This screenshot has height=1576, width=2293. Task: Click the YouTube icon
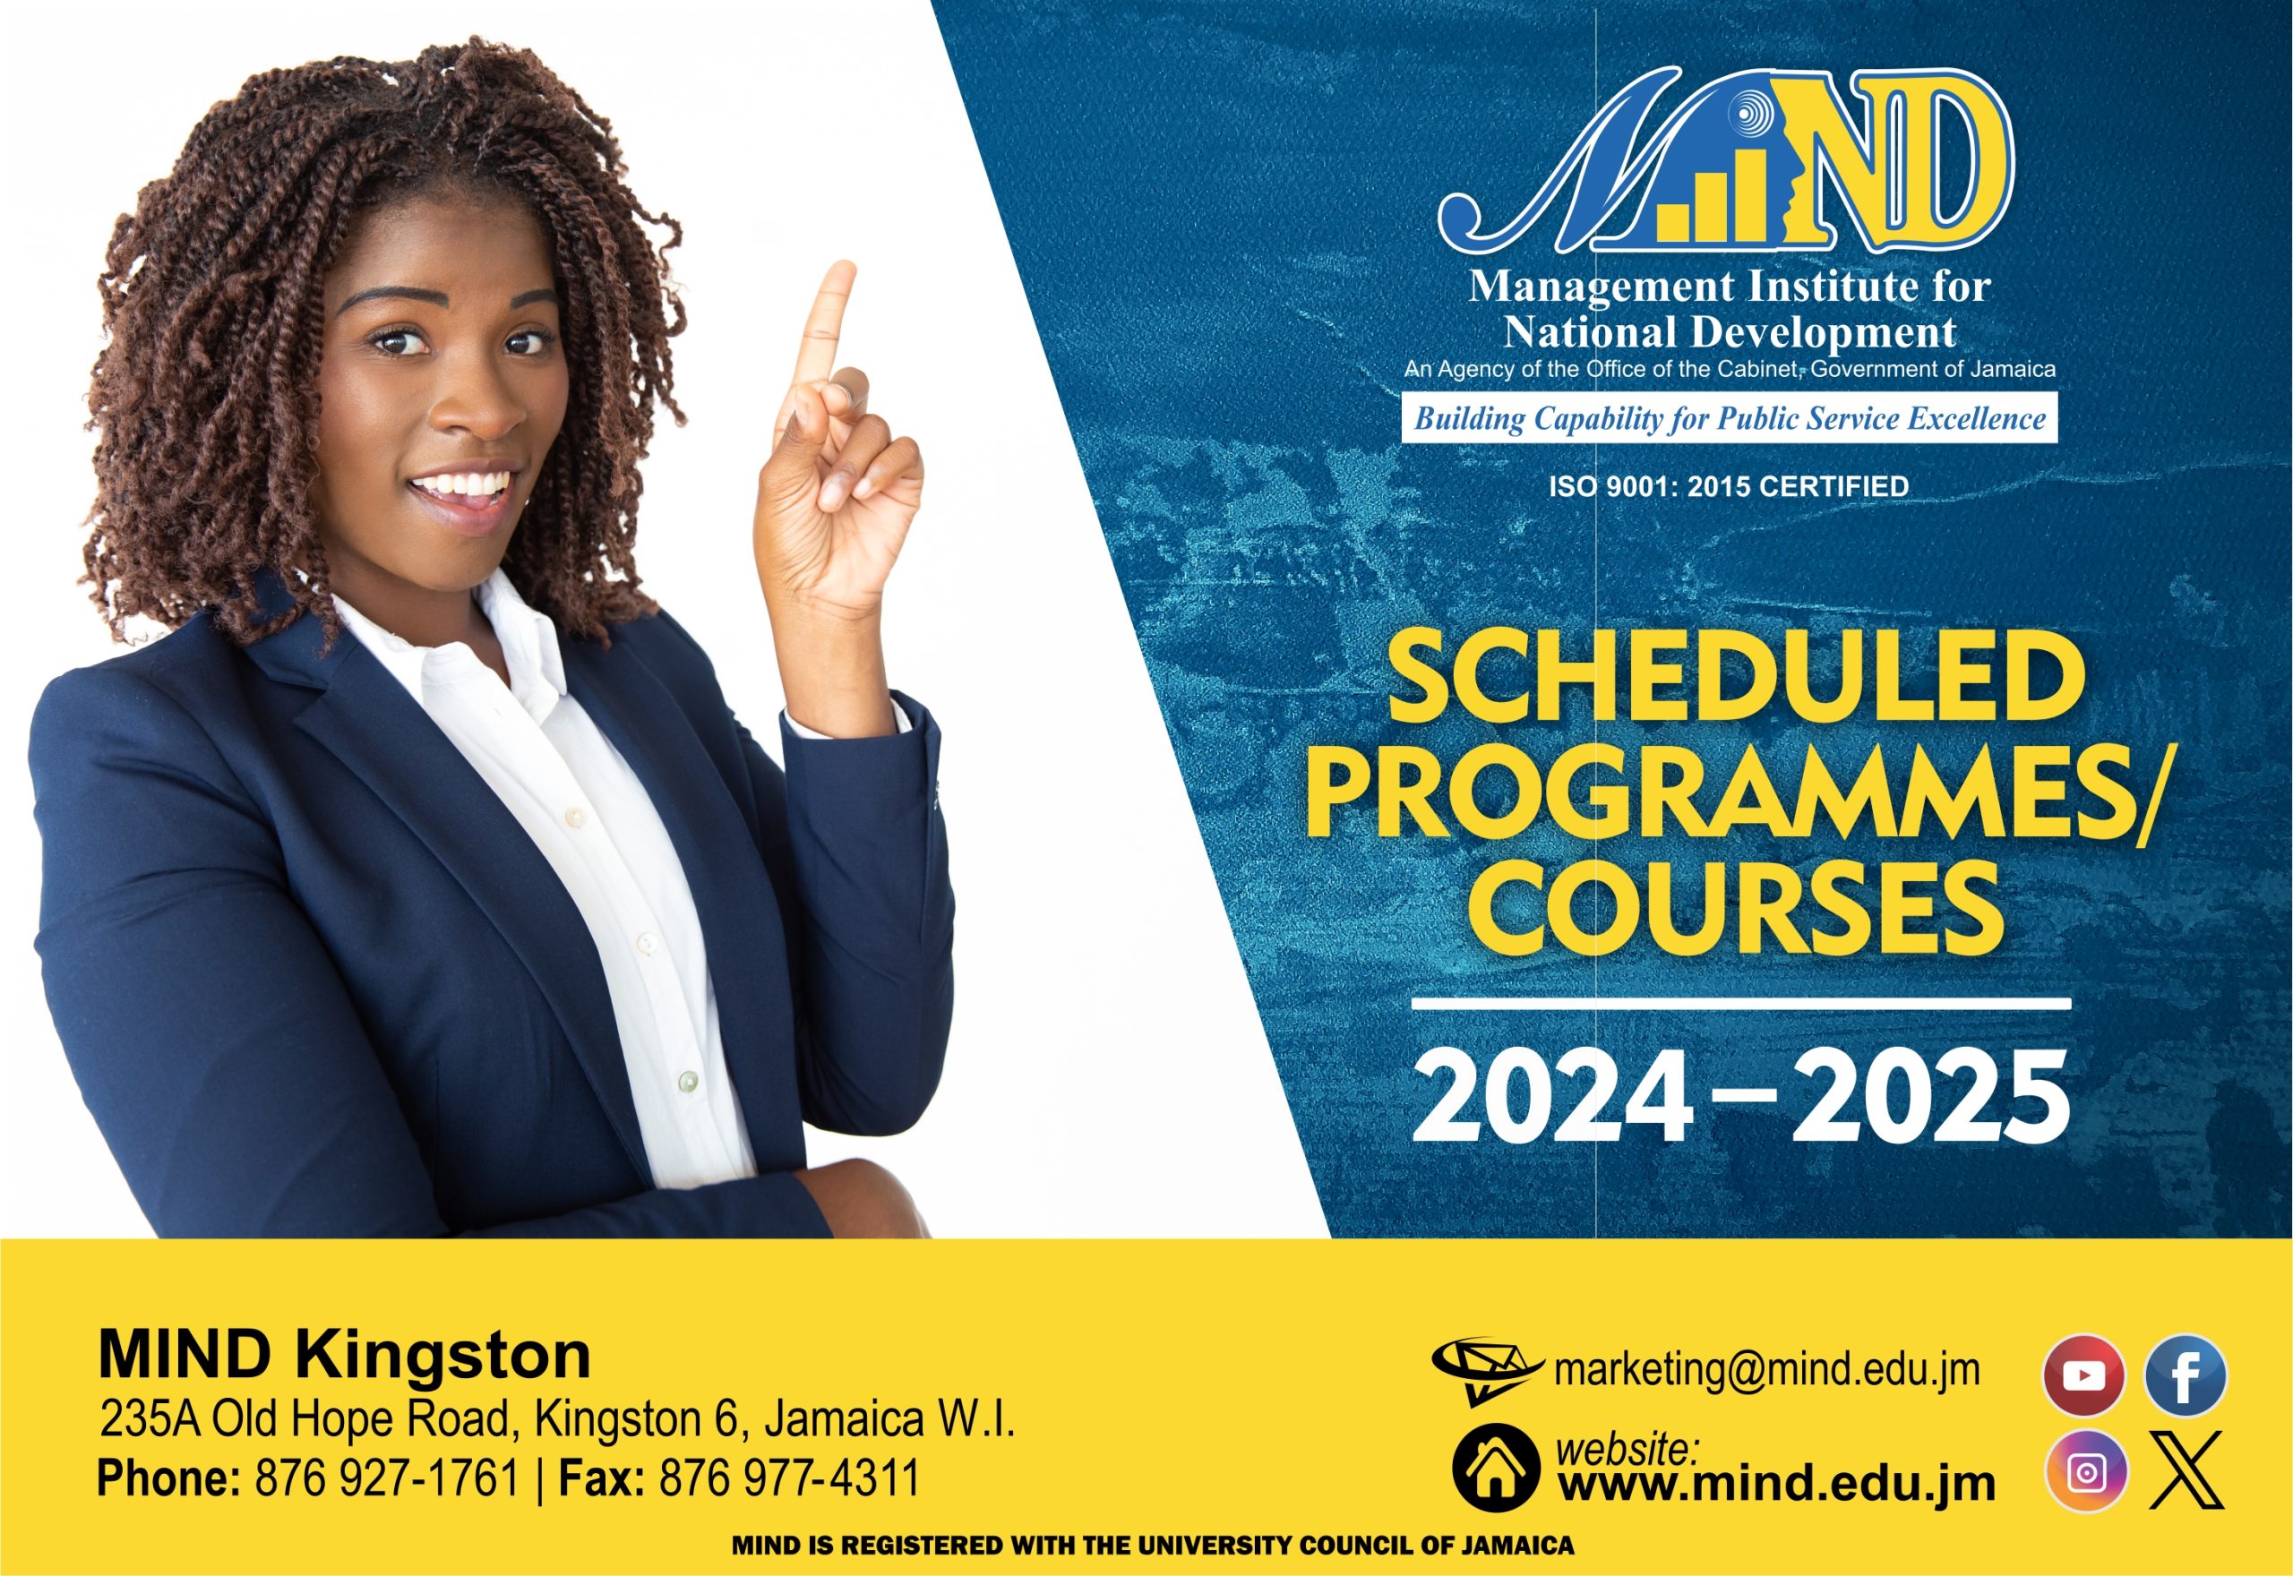(2083, 1375)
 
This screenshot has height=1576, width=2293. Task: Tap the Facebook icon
(2186, 1375)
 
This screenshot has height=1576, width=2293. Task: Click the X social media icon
(2186, 1471)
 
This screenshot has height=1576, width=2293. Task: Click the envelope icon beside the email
(1485, 1367)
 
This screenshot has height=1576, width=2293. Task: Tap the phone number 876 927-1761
(386, 1478)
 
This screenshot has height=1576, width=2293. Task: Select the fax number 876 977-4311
(789, 1478)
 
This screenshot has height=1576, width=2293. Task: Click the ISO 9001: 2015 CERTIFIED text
(1728, 486)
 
